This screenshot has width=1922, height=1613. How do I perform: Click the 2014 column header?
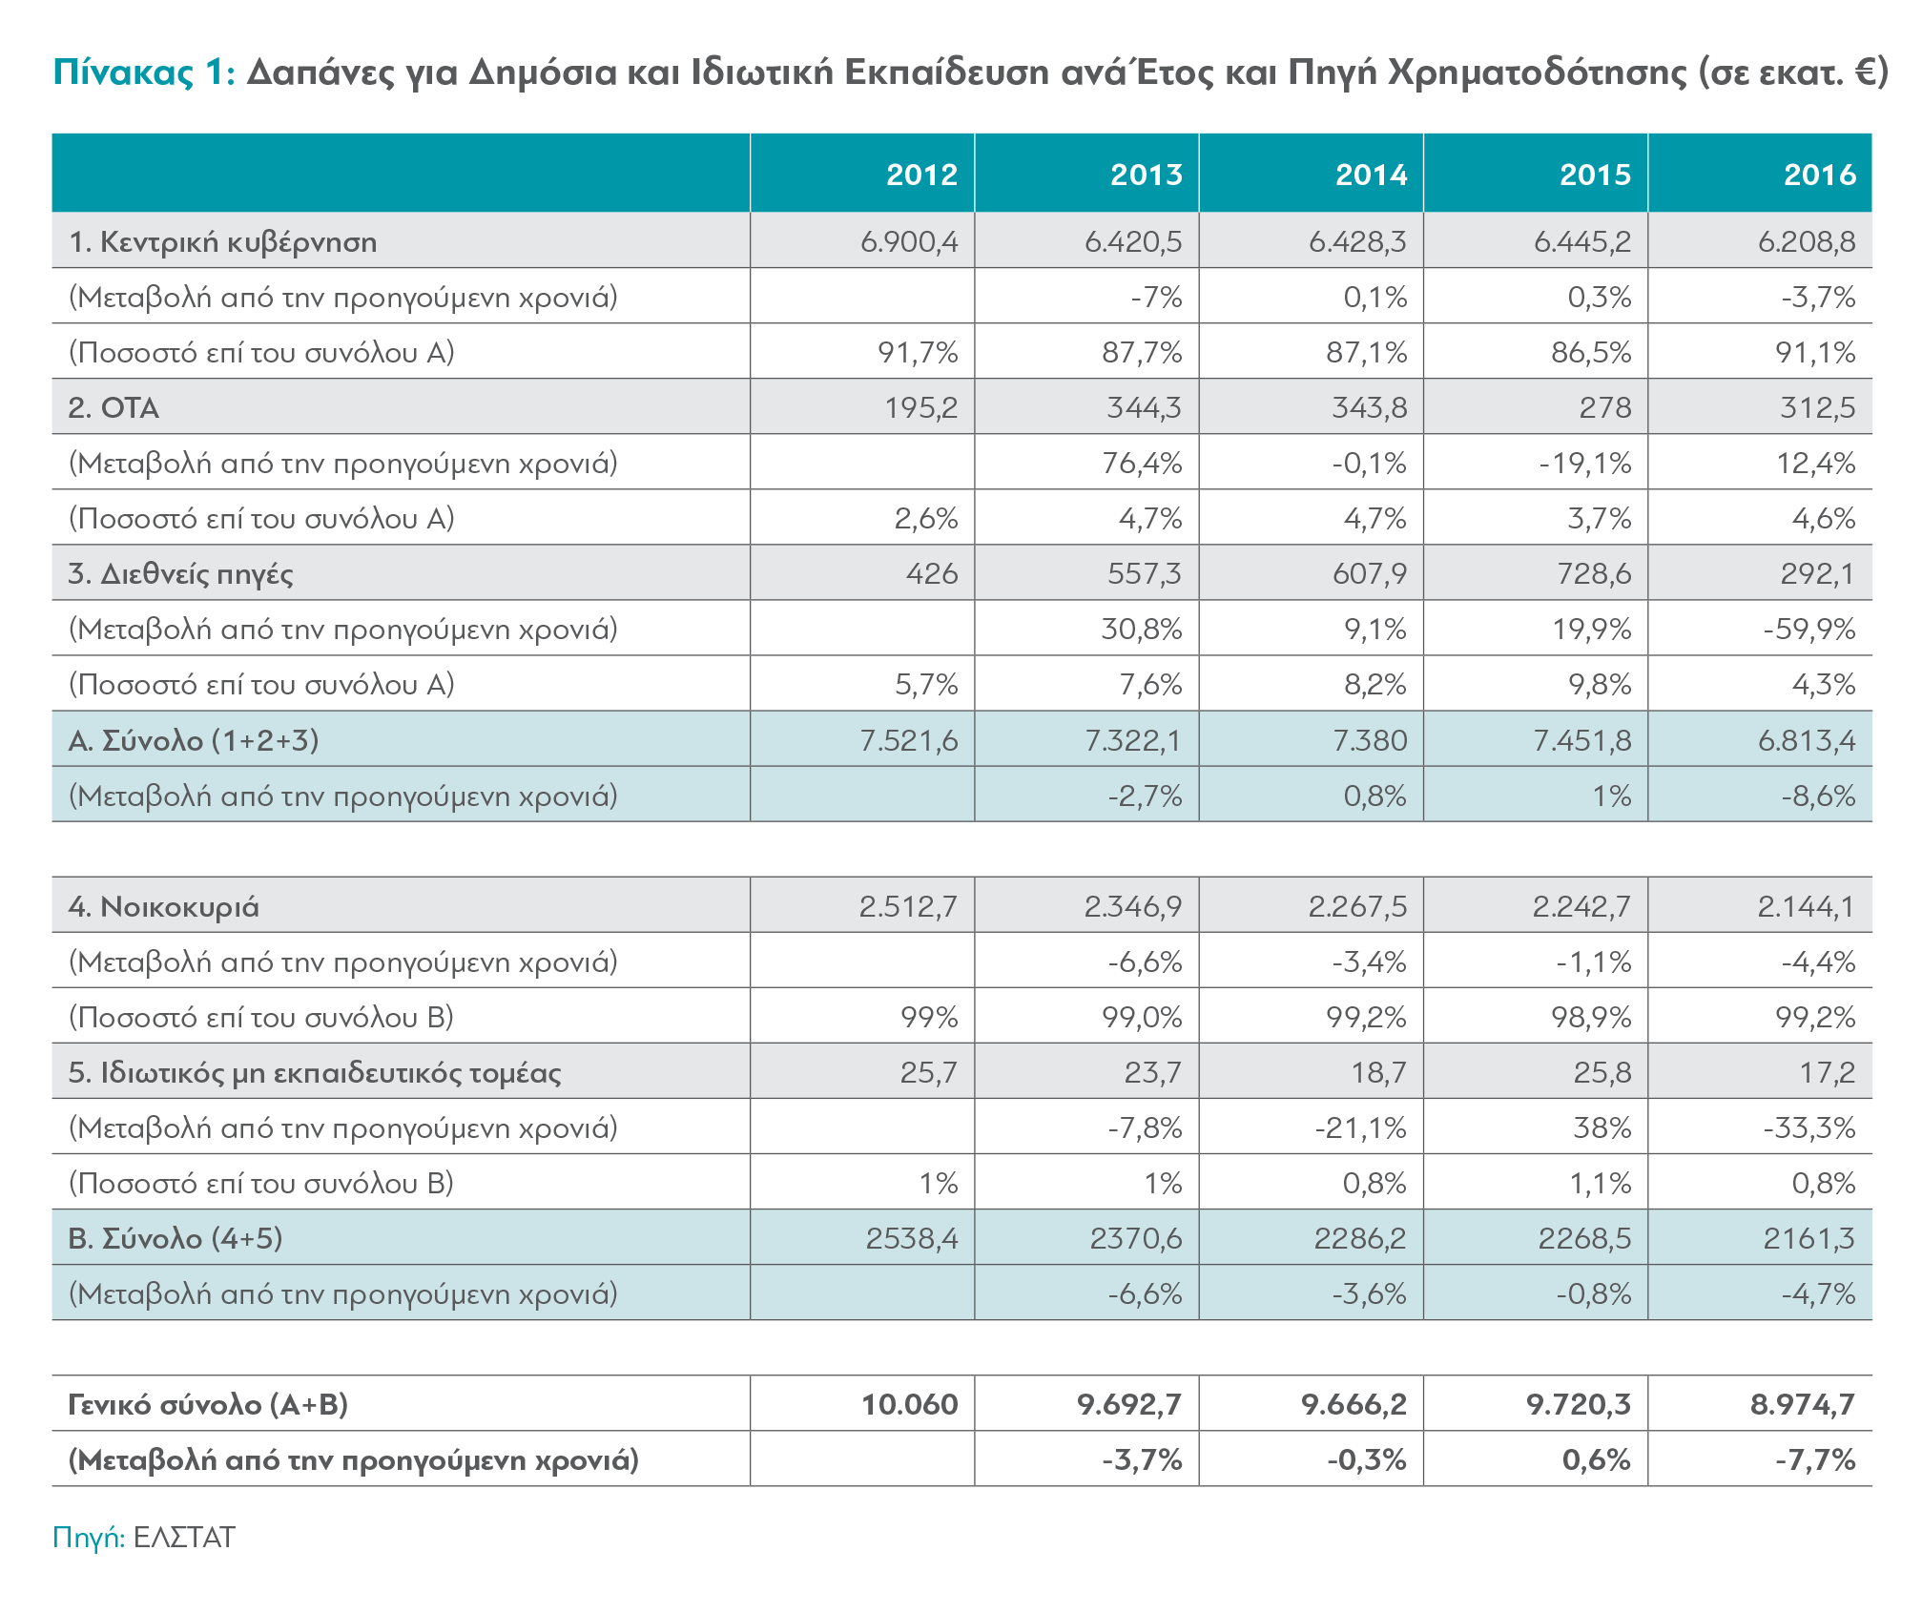coord(1371,175)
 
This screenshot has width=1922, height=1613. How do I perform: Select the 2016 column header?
coord(1820,175)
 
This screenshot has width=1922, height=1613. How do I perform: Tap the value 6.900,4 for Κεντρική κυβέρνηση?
coord(909,241)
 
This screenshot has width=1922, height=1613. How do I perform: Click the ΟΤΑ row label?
coord(114,407)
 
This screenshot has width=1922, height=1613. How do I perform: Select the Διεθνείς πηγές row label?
coord(180,574)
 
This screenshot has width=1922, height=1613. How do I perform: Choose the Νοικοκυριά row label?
coord(163,906)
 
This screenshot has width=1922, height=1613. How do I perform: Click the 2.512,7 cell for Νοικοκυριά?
coord(908,906)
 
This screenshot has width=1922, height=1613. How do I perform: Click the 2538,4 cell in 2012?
coord(912,1238)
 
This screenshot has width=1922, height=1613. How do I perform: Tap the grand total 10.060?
coord(910,1404)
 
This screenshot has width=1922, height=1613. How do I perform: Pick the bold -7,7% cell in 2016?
coord(1815,1459)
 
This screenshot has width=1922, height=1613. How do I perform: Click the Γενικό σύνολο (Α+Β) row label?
coord(208,1404)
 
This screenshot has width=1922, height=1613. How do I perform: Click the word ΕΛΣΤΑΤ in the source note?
coord(184,1538)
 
